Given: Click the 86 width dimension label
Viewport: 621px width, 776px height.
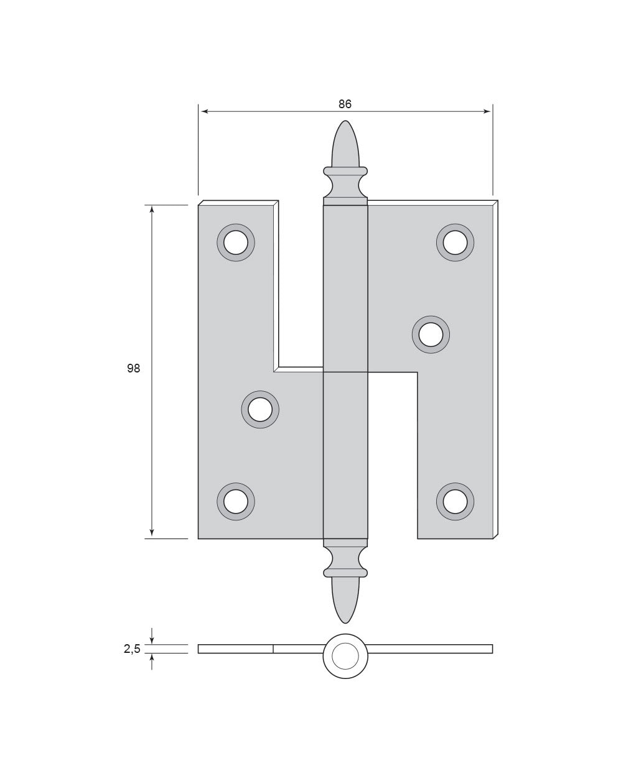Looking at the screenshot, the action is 345,104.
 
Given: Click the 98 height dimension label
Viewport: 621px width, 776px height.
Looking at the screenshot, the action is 133,368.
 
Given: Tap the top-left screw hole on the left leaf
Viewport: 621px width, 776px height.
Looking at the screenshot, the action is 236,242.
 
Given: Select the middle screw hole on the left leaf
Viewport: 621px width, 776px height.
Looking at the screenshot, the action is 260,409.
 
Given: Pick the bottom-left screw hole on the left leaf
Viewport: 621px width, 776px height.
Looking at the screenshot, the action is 236,501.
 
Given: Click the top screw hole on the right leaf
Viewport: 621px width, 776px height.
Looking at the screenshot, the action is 455,242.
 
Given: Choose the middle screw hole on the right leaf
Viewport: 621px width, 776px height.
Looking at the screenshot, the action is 431,335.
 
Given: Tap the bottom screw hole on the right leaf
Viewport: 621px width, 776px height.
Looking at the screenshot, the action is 455,501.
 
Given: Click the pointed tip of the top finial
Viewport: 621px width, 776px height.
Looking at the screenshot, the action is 345,121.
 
